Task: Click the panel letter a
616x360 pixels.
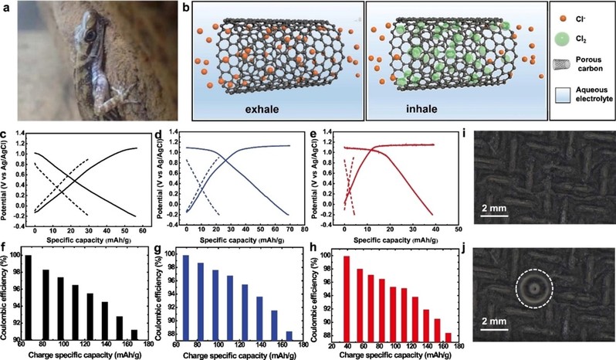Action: tap(7, 8)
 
